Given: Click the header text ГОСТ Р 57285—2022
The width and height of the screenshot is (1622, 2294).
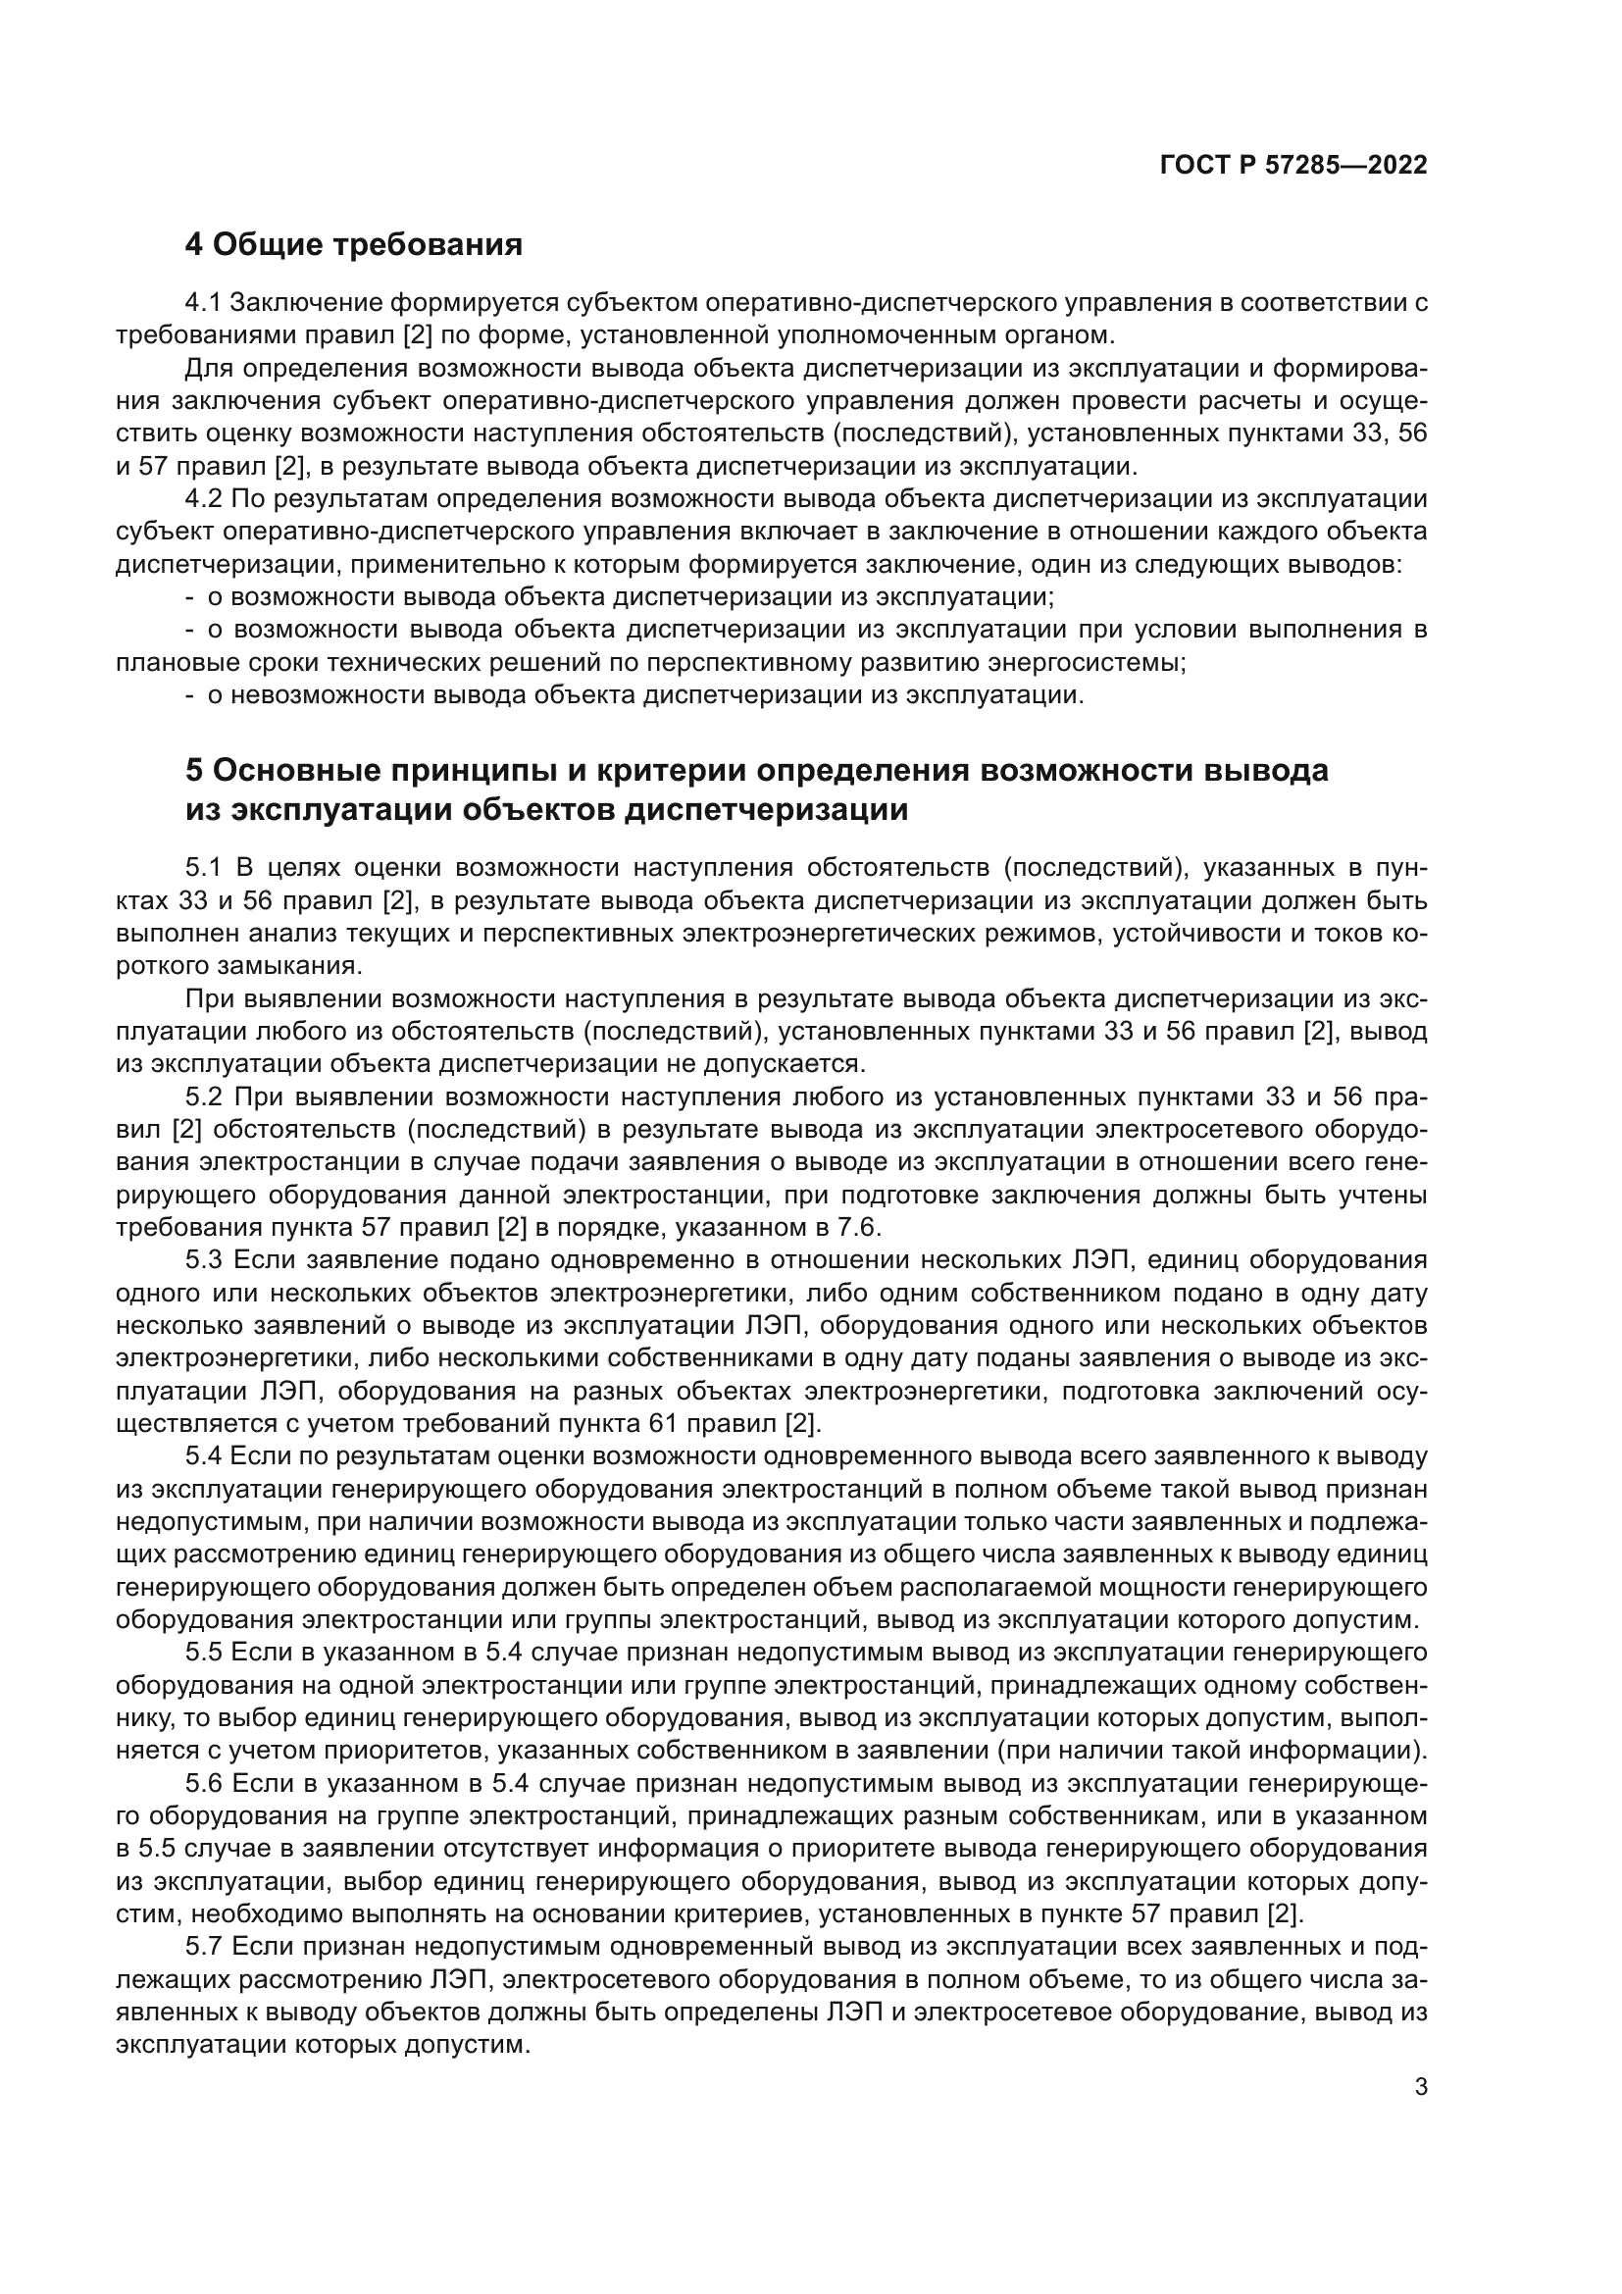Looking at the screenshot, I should point(1293,166).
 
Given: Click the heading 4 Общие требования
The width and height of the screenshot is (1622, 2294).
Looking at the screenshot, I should point(354,244).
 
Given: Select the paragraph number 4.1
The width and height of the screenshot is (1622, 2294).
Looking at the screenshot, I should point(203,303).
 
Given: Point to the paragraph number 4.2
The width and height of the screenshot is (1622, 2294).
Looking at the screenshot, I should point(203,499).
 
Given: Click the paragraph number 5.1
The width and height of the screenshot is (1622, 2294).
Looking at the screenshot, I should point(203,868).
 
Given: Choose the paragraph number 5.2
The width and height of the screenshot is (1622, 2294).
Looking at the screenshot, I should point(203,1098).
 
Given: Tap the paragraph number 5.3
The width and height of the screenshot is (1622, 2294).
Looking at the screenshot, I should point(203,1261).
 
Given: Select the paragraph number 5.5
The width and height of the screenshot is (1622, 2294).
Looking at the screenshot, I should point(203,1654).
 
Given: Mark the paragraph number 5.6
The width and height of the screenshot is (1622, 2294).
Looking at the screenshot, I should point(203,1784).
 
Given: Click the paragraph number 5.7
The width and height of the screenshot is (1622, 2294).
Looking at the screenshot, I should point(203,1949).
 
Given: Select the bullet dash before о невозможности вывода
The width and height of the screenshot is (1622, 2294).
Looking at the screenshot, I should point(190,696).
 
